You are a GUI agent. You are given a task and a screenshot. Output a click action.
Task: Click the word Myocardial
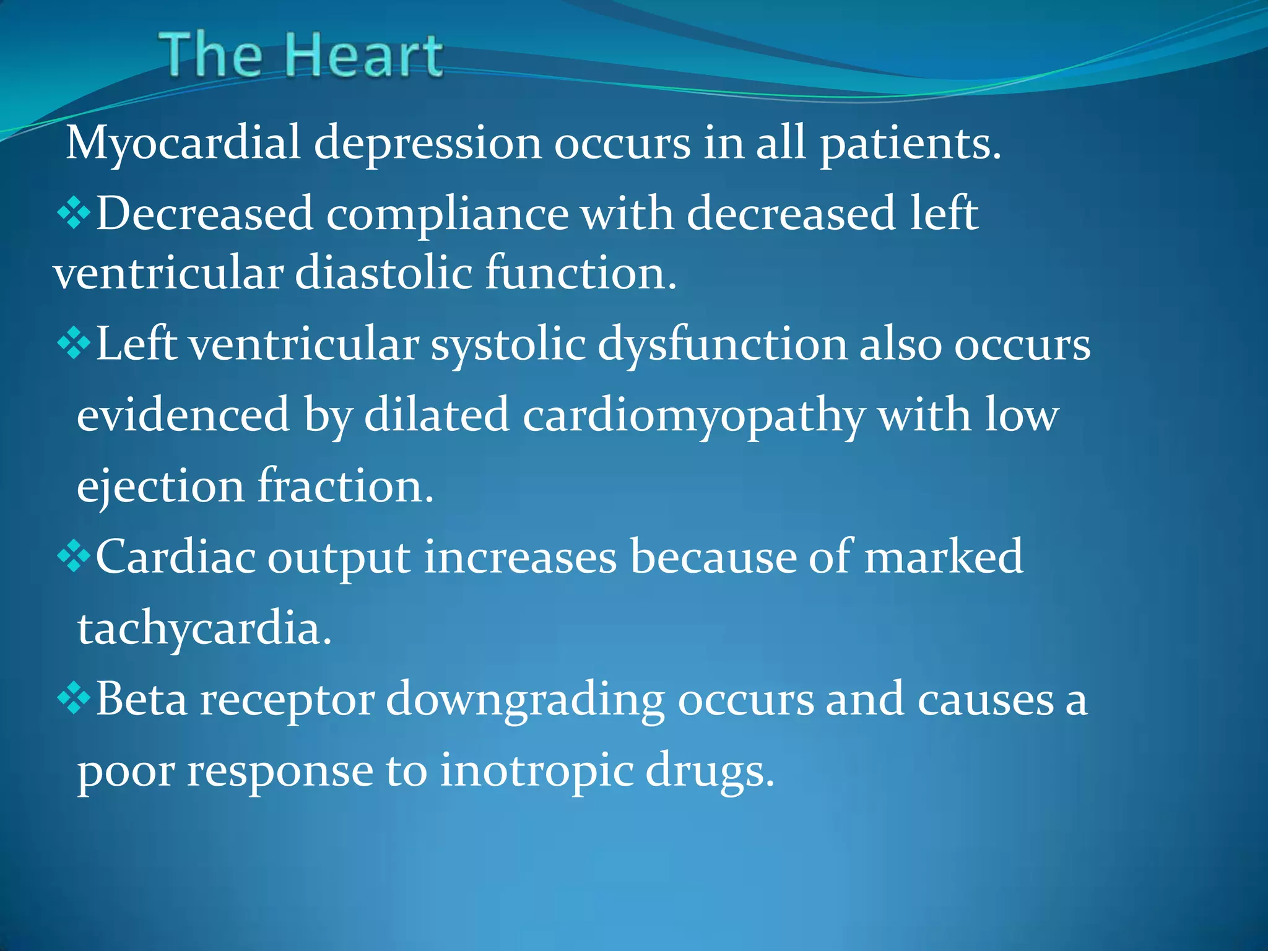[x=183, y=143]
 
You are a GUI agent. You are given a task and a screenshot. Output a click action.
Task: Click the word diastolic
[x=384, y=272]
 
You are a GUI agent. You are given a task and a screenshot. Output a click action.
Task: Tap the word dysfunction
[x=722, y=344]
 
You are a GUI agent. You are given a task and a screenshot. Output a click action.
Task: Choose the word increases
[x=520, y=557]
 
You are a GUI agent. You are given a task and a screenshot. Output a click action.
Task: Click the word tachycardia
[x=204, y=629]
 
